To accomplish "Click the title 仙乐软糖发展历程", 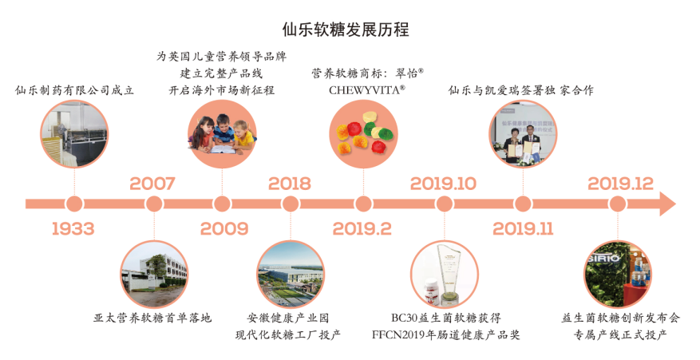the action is coord(346,30).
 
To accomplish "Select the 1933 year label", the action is coord(73,228).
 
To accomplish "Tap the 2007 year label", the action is coord(152,184).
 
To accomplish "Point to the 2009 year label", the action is coord(223,228).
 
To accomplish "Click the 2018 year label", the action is coord(289,184).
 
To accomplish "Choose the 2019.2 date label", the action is coord(362,228).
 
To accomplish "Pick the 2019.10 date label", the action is coord(443,184).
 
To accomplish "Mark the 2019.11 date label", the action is coord(523,228).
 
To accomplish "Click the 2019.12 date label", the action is coord(620,184).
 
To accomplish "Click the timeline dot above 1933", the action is coord(74,204).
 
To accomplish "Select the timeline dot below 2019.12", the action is coord(618,204).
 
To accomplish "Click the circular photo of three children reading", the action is coord(223,134).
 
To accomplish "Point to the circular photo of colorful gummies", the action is coord(363,134).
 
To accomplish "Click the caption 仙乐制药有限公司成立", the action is coord(74,90).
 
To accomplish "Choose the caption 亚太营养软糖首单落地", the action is coord(152,318).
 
